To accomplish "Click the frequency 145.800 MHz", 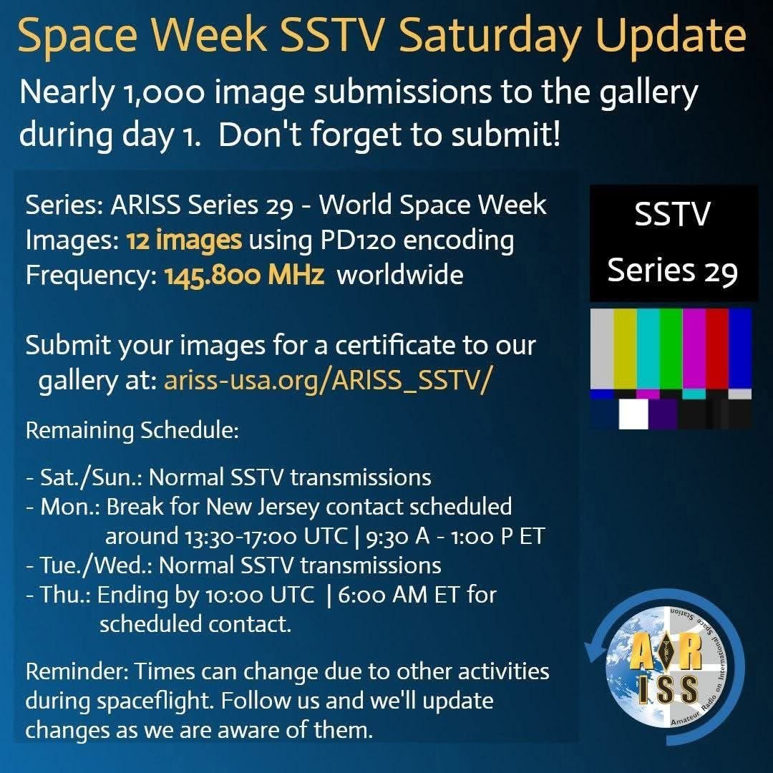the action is [244, 275].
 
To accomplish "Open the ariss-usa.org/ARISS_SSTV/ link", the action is [327, 381].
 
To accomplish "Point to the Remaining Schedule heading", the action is [132, 430].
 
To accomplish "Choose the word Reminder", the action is [77, 671].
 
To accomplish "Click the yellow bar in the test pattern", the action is [625, 349].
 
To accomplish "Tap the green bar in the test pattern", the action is [671, 349].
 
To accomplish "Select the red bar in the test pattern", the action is [716, 349].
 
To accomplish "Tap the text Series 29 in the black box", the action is [672, 271].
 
